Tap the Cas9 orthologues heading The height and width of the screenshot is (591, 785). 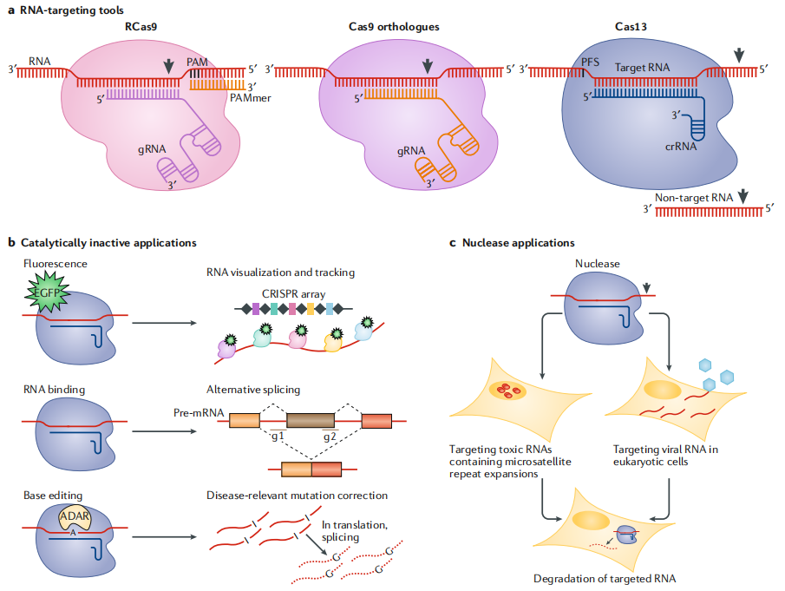[388, 28]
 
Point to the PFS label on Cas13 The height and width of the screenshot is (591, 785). [592, 62]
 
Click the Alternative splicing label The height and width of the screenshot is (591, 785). [252, 390]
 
